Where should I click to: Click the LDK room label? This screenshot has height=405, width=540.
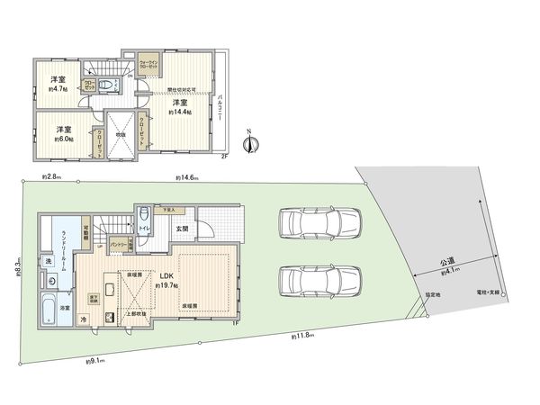[x=168, y=277]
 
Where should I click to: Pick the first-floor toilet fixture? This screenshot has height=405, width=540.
[x=146, y=215]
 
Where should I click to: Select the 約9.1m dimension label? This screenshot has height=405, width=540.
[x=95, y=361]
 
